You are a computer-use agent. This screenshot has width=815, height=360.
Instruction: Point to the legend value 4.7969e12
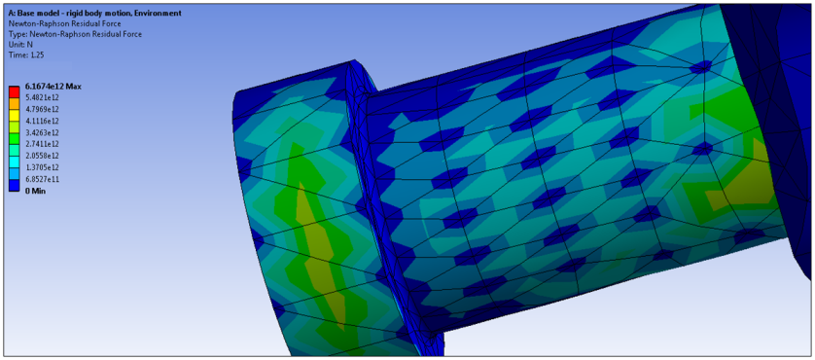tap(39, 109)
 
